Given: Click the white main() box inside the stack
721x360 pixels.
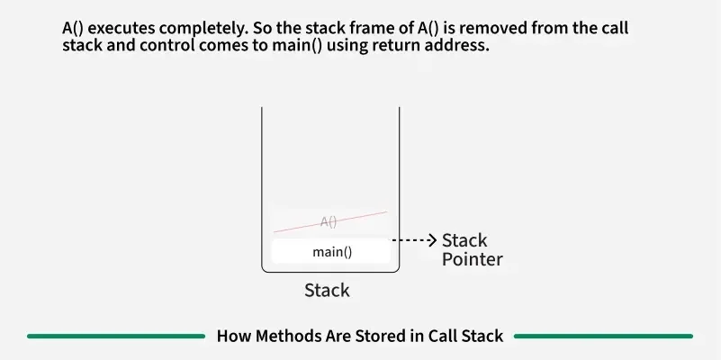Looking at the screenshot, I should coord(332,252).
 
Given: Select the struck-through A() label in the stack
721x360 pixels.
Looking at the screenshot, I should coord(329,221).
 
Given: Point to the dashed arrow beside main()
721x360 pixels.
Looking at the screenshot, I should coord(416,240).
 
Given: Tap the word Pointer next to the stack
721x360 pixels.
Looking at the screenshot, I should coord(472,260).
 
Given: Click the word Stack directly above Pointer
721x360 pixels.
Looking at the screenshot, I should coord(464,240).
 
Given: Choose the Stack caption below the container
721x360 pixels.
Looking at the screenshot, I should coord(327,291).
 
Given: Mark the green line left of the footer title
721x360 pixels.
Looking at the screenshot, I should coord(116,337).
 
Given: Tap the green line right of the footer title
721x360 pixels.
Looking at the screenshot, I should coord(603,337).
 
